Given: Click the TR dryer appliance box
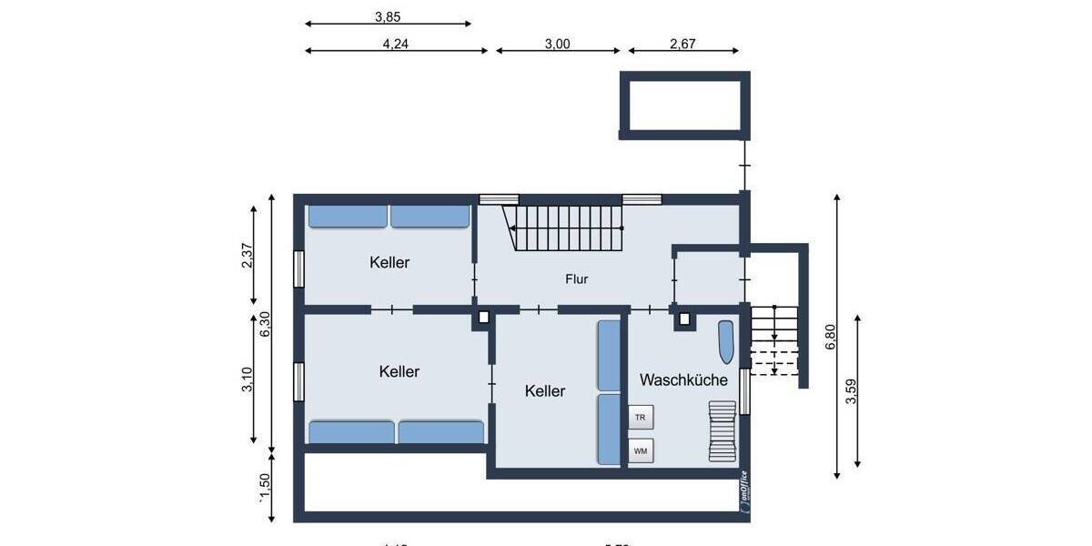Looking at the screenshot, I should pyautogui.click(x=641, y=417).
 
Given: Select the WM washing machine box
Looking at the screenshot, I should pyautogui.click(x=641, y=450).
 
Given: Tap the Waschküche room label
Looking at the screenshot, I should pyautogui.click(x=683, y=379).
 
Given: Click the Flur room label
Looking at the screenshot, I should pyautogui.click(x=576, y=279).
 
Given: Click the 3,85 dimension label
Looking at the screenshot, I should pyautogui.click(x=388, y=15).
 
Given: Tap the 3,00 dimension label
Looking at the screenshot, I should pyautogui.click(x=557, y=43).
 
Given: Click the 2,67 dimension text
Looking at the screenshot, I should pyautogui.click(x=682, y=43).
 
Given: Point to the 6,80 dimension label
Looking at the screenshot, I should pyautogui.click(x=829, y=338).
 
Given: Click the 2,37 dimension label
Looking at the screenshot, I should pyautogui.click(x=247, y=256).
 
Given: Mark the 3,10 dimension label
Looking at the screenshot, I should pyautogui.click(x=247, y=379).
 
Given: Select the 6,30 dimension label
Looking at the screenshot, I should pyautogui.click(x=265, y=325).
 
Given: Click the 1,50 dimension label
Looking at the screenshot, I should pyautogui.click(x=265, y=487).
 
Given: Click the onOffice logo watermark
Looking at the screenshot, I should pyautogui.click(x=744, y=491).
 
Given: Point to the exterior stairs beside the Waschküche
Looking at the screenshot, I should pyautogui.click(x=773, y=340).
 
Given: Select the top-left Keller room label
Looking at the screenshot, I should pyautogui.click(x=389, y=262).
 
